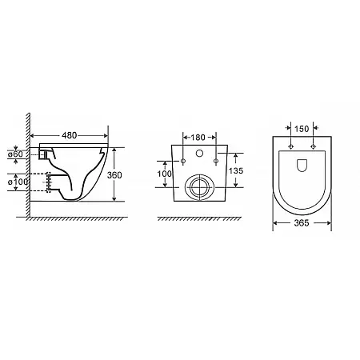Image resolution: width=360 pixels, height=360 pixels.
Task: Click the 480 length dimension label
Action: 70,135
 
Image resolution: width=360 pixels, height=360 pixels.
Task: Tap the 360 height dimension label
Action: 114,175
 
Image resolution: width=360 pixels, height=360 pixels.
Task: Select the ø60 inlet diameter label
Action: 15,154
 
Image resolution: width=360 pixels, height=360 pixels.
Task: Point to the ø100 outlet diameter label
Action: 18,182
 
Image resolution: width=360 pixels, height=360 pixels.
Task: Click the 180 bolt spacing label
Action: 198,138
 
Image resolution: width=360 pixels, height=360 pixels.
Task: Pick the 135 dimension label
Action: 236,170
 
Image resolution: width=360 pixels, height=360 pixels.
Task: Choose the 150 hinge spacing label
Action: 302,129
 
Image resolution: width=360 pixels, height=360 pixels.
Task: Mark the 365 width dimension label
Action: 302,223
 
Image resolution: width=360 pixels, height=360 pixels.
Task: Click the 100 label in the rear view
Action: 164,174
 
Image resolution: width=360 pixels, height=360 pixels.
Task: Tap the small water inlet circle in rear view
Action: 199,153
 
